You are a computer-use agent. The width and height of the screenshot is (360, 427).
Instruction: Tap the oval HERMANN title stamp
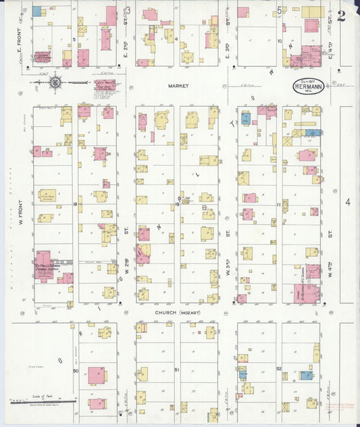coord(307,87)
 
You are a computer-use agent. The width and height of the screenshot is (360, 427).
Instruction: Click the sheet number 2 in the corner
coord(341,16)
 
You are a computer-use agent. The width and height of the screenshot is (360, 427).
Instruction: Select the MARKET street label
coord(178,86)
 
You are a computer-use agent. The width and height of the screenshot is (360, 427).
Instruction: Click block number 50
coord(76,370)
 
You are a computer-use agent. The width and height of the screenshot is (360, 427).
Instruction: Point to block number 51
coord(177,370)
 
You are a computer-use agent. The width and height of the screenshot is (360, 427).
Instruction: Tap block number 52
coord(279,369)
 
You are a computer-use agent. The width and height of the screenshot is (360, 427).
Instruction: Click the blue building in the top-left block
coord(36,11)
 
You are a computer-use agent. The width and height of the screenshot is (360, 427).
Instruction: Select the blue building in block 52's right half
coord(307,375)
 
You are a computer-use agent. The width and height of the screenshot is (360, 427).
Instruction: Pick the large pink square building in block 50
coord(97,375)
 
